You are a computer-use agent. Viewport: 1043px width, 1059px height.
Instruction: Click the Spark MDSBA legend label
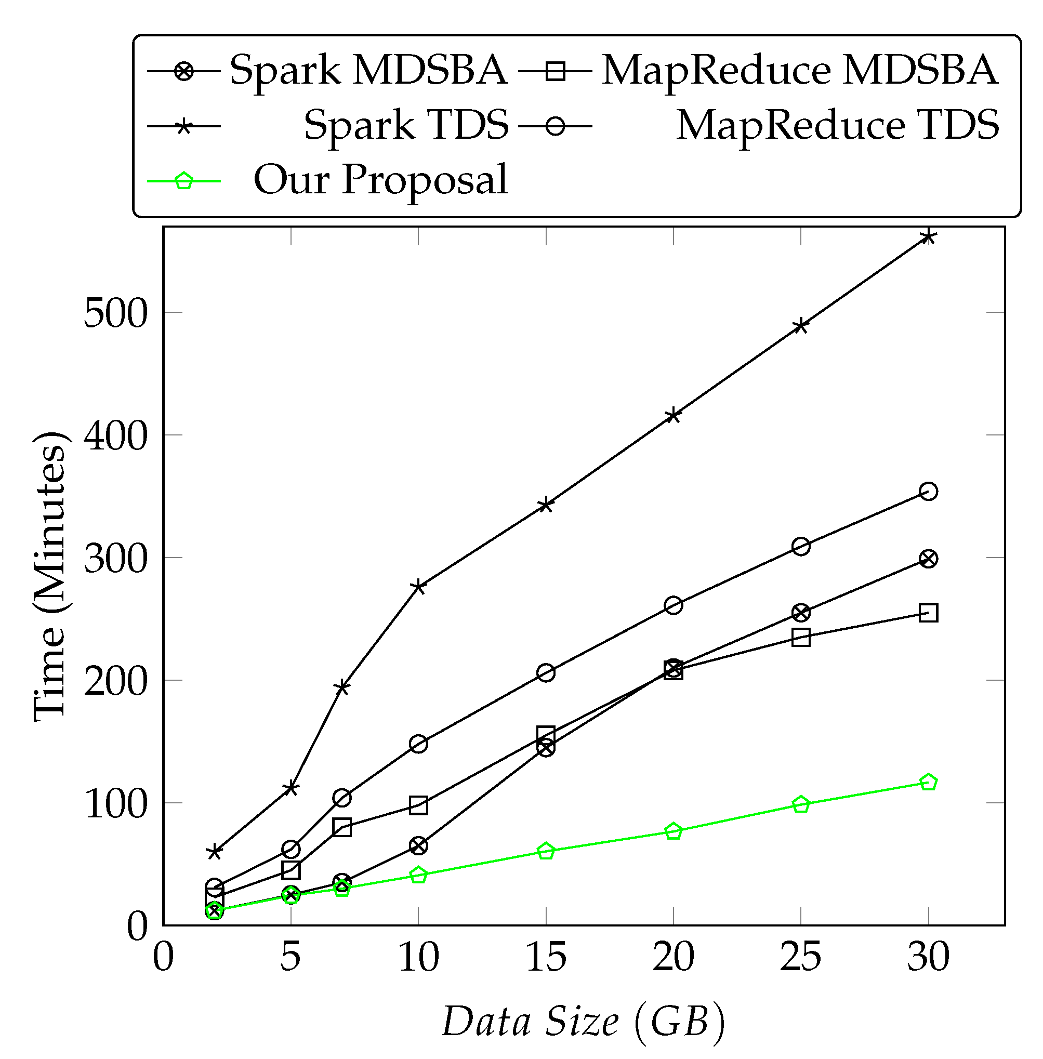(x=368, y=70)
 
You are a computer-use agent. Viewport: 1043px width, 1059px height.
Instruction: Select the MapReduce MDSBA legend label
(x=800, y=70)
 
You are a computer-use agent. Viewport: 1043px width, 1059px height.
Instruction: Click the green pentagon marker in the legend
(x=184, y=181)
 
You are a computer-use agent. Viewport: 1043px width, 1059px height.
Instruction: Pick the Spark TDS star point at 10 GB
(x=418, y=587)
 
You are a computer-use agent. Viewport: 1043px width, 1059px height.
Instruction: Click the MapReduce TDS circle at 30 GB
(x=928, y=492)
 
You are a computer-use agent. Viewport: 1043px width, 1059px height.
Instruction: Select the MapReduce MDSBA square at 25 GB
(x=801, y=637)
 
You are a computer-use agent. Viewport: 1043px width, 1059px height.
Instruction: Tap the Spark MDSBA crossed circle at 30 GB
(x=928, y=559)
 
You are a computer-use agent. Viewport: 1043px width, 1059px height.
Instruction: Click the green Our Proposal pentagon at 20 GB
(x=673, y=831)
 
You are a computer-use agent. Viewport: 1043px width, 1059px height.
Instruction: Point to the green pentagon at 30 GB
(x=928, y=783)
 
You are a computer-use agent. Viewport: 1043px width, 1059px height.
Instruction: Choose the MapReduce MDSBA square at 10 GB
(x=418, y=805)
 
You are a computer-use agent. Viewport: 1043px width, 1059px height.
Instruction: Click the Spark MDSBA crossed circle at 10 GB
(x=418, y=845)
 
